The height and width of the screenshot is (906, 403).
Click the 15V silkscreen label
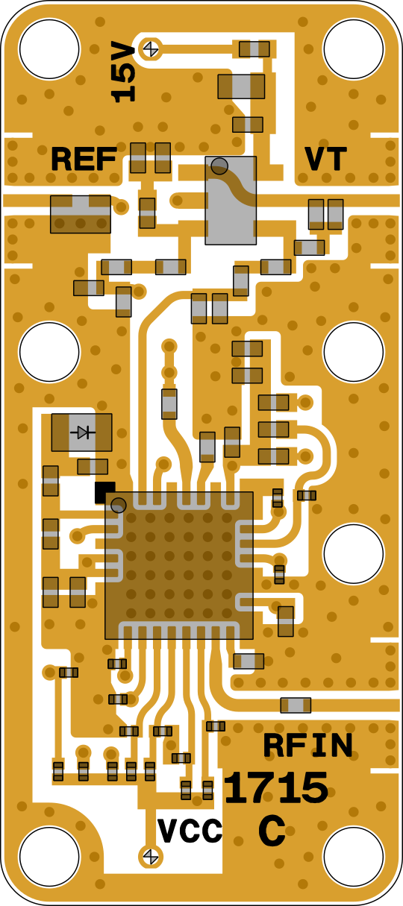(x=123, y=72)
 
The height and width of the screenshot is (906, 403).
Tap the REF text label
(x=84, y=160)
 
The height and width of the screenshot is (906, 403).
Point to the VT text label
(x=325, y=159)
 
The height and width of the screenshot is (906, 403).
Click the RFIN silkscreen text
(x=308, y=745)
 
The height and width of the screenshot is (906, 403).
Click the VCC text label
(x=190, y=831)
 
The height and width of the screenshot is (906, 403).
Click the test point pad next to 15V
(x=151, y=49)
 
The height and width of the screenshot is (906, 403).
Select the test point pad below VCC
(x=151, y=856)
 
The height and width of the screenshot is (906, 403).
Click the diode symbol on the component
(x=83, y=432)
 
